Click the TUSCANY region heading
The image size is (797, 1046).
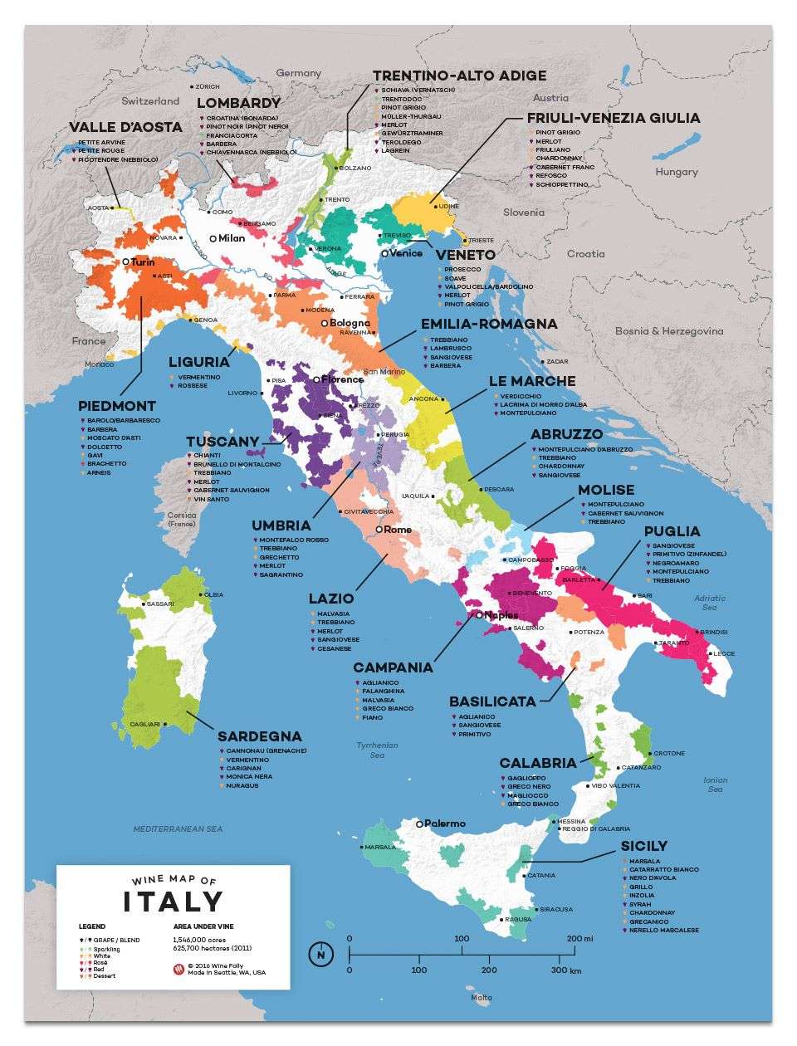click(222, 442)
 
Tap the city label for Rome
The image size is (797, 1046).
click(397, 530)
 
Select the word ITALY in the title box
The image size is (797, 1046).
click(174, 902)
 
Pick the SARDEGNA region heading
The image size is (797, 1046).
click(259, 736)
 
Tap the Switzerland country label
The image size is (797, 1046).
click(150, 101)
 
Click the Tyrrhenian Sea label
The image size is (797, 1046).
click(377, 750)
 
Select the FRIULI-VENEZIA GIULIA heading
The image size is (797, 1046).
click(614, 118)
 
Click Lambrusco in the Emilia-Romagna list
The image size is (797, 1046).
click(450, 349)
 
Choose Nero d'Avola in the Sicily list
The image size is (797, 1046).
click(653, 878)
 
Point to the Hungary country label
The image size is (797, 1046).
click(677, 172)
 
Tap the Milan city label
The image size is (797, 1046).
click(232, 238)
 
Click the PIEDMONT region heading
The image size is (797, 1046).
click(117, 406)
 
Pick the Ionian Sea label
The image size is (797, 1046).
click(715, 784)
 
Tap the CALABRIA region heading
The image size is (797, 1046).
click(537, 763)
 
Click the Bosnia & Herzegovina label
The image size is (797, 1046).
click(668, 331)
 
